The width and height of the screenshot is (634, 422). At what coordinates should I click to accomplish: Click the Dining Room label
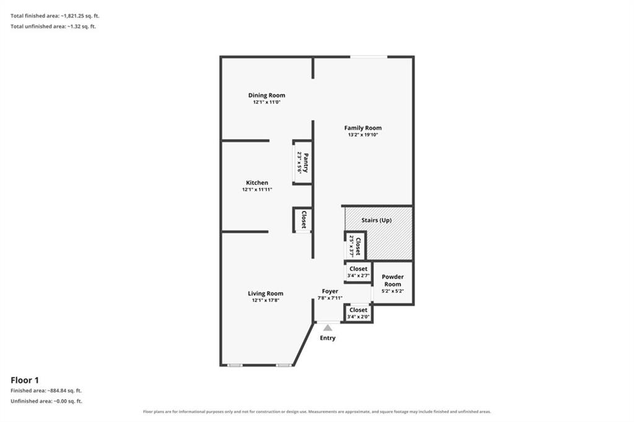[x=266, y=95]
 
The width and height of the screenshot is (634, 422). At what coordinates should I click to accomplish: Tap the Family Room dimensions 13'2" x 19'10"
[x=363, y=135]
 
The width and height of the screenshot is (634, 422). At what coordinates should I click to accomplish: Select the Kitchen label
[x=257, y=183]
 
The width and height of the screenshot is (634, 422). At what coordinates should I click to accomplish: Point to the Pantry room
[x=302, y=162]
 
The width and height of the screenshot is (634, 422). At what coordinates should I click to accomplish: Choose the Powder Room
[x=393, y=283]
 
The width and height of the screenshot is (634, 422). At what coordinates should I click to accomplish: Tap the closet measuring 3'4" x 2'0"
[x=358, y=313]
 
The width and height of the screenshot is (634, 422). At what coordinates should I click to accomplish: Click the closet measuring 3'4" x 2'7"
[x=358, y=272]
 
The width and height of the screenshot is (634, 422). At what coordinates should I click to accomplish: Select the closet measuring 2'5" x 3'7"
[x=355, y=246]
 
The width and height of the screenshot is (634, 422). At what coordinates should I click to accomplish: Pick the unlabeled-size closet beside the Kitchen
[x=302, y=220]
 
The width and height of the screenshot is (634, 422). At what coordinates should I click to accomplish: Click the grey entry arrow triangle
[x=328, y=328]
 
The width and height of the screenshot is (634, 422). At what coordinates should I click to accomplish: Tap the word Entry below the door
[x=328, y=338]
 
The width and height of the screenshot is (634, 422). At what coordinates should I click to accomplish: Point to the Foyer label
[x=330, y=291]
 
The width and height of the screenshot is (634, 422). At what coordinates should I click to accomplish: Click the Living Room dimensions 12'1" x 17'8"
[x=266, y=300]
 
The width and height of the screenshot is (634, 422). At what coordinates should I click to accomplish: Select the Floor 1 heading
[x=25, y=380]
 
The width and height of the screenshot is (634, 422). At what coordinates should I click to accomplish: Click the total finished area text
[x=54, y=16]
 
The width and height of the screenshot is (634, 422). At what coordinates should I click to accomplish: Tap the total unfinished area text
[x=53, y=27]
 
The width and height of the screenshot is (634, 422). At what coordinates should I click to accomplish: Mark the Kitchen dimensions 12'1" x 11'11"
[x=257, y=189]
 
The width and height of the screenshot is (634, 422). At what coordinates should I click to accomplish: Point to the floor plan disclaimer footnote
[x=317, y=411]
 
